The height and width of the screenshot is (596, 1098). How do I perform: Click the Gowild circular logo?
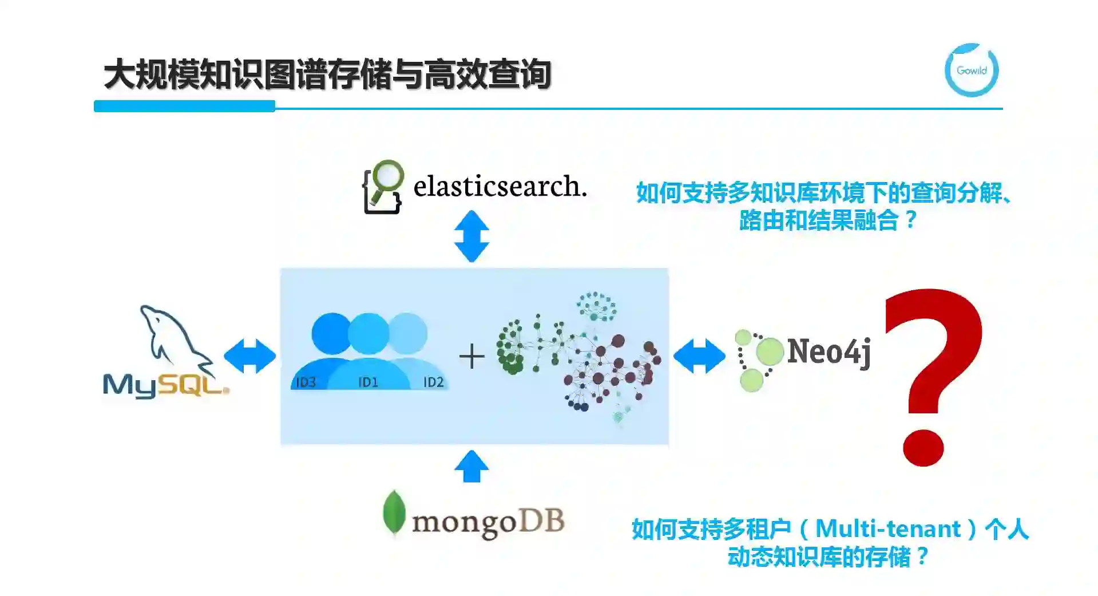tap(971, 70)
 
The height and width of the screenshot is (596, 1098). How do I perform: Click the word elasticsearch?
tap(500, 186)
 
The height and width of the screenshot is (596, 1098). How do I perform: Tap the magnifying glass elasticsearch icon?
tap(383, 187)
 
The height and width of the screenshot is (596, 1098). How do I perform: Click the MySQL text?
tap(165, 385)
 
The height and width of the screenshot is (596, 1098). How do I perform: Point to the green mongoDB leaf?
tap(394, 512)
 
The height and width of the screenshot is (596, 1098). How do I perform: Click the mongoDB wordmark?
tap(488, 522)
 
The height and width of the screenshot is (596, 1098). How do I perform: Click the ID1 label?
tap(368, 382)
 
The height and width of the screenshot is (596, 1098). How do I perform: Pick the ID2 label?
tap(433, 382)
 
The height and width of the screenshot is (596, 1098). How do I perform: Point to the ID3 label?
tap(306, 382)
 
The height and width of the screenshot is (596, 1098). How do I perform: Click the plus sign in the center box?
tap(471, 356)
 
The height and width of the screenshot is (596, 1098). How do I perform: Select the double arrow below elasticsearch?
tap(471, 236)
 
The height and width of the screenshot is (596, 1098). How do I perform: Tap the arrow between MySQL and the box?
tap(249, 356)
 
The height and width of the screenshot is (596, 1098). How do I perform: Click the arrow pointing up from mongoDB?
tap(471, 466)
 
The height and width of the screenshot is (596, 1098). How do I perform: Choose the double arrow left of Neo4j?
tap(699, 356)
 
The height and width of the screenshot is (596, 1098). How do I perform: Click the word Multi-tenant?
tap(887, 528)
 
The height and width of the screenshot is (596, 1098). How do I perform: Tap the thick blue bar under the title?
tap(184, 106)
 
